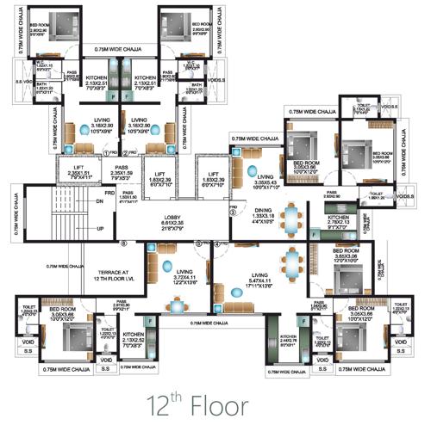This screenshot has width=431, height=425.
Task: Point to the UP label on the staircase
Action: pos(100,229)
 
